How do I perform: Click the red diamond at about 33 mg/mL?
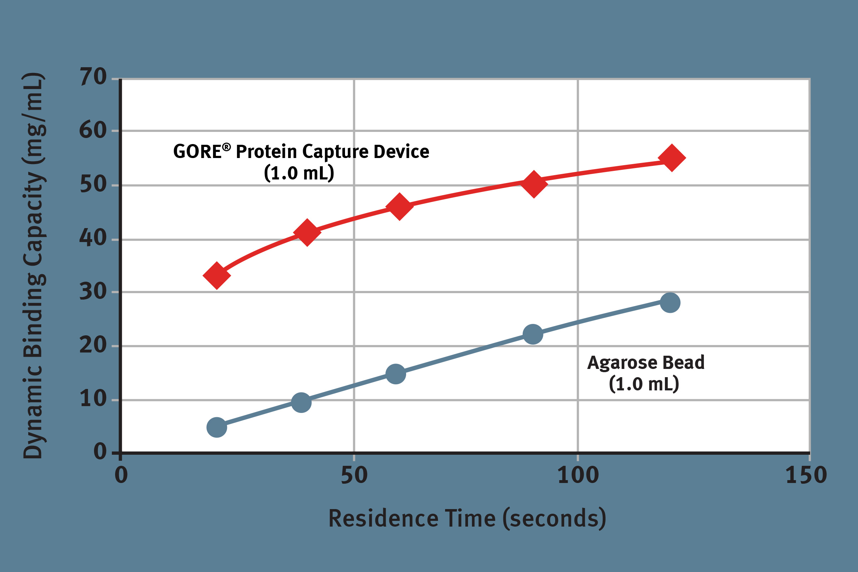click(x=216, y=275)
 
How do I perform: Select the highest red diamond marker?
click(x=672, y=157)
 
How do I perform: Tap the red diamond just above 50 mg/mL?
click(x=534, y=184)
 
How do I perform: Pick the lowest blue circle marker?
click(x=217, y=427)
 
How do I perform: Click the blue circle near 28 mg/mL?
click(x=670, y=302)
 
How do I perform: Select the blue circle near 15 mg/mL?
click(x=396, y=374)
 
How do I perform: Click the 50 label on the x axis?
click(x=354, y=475)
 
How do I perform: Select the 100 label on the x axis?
click(x=578, y=475)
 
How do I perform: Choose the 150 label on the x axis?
click(x=806, y=475)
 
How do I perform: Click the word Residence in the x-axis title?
click(x=383, y=518)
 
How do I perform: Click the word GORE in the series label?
click(x=197, y=151)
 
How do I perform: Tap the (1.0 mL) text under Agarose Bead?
click(x=644, y=384)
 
